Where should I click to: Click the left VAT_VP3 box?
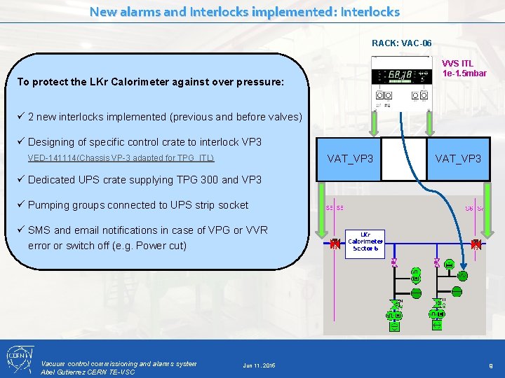351,158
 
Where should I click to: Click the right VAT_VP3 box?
458,158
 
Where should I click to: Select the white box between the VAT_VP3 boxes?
408,158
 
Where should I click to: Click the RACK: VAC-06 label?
397,43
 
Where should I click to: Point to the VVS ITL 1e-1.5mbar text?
464,69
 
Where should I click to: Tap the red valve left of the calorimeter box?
335,244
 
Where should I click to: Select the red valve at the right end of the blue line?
476,244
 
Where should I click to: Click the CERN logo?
18,358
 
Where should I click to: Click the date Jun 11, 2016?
259,365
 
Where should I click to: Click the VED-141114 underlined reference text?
121,158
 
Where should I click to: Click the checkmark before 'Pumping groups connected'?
21,204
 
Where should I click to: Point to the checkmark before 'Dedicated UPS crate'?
21,179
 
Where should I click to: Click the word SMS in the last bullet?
39,230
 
